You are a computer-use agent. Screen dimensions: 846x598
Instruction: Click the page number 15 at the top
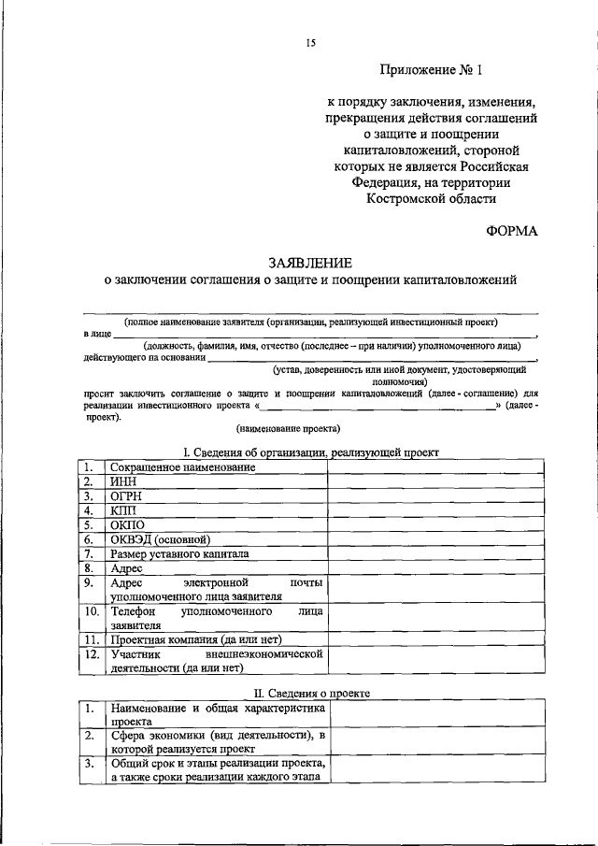click(x=311, y=42)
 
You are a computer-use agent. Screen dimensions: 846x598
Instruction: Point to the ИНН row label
click(x=125, y=481)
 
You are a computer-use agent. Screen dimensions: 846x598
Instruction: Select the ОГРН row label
click(x=128, y=495)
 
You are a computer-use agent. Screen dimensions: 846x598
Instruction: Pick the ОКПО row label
click(x=128, y=524)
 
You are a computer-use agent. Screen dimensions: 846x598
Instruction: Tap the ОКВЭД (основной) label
click(x=160, y=539)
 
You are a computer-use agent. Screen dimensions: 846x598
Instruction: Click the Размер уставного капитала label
click(x=179, y=553)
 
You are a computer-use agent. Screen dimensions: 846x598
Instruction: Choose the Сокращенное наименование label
click(x=182, y=466)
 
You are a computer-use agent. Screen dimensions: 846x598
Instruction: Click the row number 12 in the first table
click(x=91, y=654)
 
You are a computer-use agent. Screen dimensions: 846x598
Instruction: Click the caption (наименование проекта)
click(x=288, y=428)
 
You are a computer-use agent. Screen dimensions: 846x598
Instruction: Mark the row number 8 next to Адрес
click(x=89, y=568)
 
